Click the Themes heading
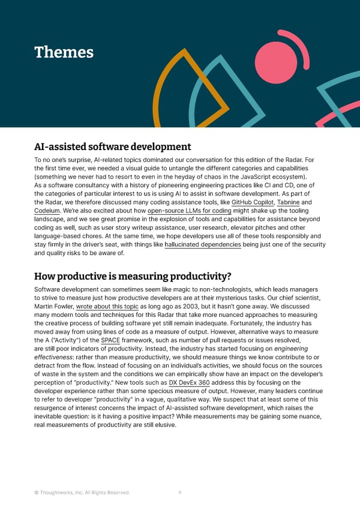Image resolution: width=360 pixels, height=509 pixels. (x=64, y=52)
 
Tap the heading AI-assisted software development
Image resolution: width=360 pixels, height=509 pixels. (x=112, y=146)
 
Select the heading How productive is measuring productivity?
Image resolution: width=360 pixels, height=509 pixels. (x=133, y=276)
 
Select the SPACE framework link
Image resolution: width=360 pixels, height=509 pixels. (x=111, y=341)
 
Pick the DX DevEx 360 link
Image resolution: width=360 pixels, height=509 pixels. (x=189, y=382)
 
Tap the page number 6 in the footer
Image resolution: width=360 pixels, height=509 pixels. (x=180, y=493)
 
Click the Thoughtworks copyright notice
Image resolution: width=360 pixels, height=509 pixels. (x=82, y=493)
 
